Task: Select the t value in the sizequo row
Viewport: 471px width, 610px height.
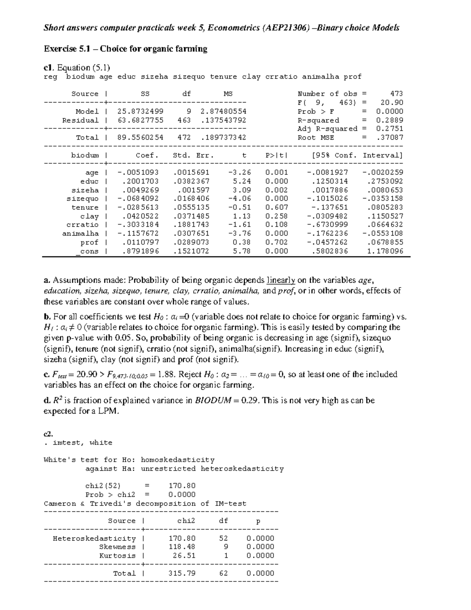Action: coord(239,198)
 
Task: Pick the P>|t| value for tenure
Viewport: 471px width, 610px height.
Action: coord(276,207)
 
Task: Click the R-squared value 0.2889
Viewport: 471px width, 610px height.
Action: coord(389,120)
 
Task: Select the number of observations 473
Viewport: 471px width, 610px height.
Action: coord(396,93)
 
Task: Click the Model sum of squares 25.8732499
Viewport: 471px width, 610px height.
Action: coord(140,111)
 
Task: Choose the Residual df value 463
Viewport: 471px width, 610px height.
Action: coord(184,120)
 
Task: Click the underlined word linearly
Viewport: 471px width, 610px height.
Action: coord(281,280)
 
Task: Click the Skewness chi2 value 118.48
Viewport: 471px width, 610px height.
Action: coord(182,547)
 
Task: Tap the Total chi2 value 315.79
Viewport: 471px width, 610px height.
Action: coord(182,573)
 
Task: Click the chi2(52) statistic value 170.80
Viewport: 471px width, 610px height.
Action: coord(182,486)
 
